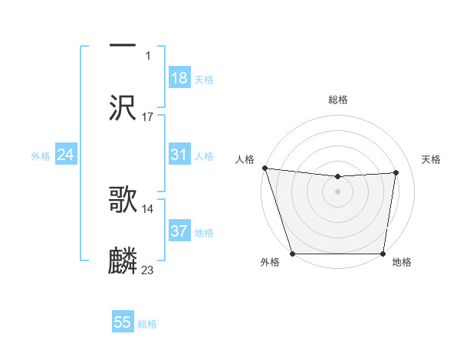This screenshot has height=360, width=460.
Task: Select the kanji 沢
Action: pos(123,106)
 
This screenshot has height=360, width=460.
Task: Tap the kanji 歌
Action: pos(123,200)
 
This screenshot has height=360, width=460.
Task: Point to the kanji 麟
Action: pos(123,260)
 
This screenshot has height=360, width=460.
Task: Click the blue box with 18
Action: pos(179,78)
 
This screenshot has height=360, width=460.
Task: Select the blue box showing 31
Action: pos(179,155)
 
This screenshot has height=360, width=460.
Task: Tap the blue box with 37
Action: pos(179,231)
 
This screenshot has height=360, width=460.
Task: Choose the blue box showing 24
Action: pos(66,155)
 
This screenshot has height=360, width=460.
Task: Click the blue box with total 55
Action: pos(123,322)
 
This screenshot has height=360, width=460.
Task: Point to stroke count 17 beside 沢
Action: pos(148,117)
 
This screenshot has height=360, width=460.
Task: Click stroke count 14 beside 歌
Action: pos(148,208)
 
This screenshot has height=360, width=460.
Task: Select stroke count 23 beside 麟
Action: pos(148,270)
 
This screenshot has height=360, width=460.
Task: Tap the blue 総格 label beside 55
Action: pos(147,324)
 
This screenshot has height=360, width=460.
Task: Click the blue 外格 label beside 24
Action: pos(41,156)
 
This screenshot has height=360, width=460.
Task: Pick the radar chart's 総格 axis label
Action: pos(338,100)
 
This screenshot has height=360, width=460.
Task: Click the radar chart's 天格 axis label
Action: pos(431,159)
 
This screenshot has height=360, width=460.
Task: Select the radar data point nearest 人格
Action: pos(264,168)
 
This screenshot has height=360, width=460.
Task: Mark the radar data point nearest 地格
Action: pos(383,254)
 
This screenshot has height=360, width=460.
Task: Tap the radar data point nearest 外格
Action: pos(293,254)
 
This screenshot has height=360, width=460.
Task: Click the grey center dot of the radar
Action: pos(338,191)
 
